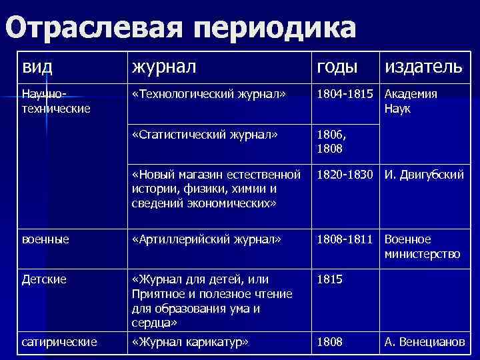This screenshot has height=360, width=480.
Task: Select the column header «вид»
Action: (x=36, y=67)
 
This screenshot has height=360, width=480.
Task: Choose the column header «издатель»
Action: (x=423, y=67)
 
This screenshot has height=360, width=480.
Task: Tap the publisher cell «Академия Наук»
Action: (x=411, y=100)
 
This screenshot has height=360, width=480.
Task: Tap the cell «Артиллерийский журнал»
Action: (x=207, y=239)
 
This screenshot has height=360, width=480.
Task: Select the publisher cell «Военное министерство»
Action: (x=422, y=246)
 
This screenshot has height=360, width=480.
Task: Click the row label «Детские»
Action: (x=44, y=279)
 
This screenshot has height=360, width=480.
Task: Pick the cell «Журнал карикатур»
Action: (x=190, y=342)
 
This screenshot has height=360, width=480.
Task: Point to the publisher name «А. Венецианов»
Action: (x=424, y=342)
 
